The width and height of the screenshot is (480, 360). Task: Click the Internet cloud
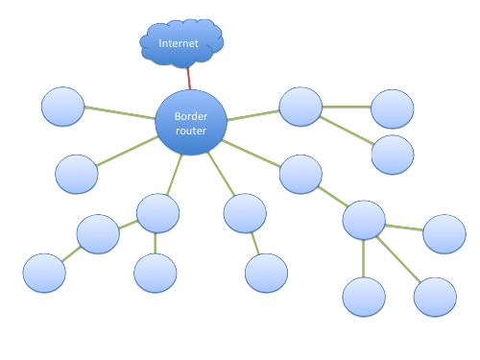[x=181, y=43]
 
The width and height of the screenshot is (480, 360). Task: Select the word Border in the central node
[x=190, y=116]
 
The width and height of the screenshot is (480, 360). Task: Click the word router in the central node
[x=191, y=131]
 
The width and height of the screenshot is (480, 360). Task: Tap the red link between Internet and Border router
[x=189, y=77]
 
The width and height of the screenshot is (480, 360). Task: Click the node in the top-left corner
[x=63, y=107]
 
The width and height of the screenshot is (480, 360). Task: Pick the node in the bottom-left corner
[x=44, y=273]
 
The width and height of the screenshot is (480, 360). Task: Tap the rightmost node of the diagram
[x=444, y=233]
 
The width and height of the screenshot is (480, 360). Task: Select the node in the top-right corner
[x=392, y=108]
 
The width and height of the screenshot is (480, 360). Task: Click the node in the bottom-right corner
[x=435, y=297]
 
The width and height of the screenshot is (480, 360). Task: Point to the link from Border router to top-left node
[x=120, y=113]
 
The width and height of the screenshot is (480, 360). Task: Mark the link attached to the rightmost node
[x=403, y=228]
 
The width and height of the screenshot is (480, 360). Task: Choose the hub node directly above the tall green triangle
[x=364, y=220]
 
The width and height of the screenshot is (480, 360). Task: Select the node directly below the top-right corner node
[x=392, y=155]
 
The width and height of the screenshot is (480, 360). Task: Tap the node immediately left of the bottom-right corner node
[x=364, y=297]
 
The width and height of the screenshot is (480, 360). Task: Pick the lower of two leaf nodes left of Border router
[x=77, y=174]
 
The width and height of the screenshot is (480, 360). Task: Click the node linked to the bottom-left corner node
[x=97, y=233]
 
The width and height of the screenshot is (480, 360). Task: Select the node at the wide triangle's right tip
[x=266, y=273]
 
